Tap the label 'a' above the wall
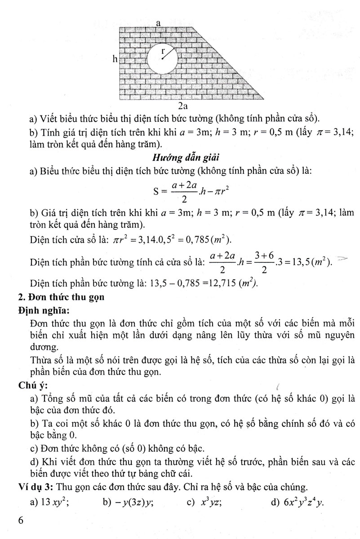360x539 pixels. point(158,22)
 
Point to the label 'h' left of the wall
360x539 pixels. point(115,58)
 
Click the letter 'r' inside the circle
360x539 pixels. point(163,51)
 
